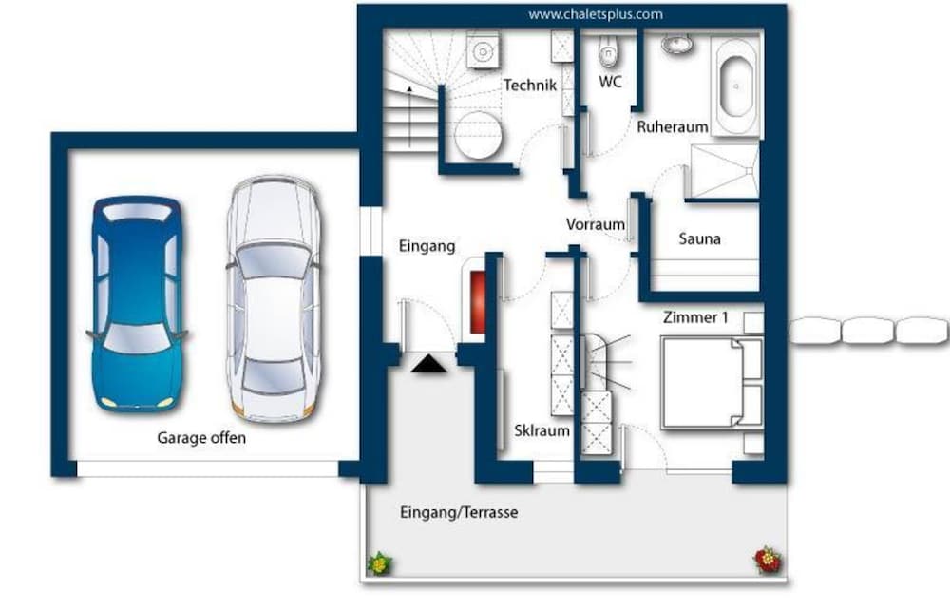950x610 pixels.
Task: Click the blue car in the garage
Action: click(x=138, y=304)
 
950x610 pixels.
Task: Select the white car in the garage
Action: click(x=274, y=298)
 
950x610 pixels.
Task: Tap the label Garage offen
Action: click(x=201, y=437)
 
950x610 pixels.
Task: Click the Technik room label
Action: click(x=529, y=86)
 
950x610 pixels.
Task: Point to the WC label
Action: click(x=610, y=81)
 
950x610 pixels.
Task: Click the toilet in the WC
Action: click(x=608, y=51)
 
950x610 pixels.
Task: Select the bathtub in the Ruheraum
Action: click(x=736, y=86)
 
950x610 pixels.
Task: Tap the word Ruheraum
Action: click(x=672, y=127)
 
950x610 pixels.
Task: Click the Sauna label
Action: click(x=700, y=238)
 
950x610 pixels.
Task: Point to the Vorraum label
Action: click(x=596, y=224)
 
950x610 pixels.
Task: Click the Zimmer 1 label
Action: click(x=695, y=316)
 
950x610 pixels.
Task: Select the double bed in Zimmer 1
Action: click(x=712, y=384)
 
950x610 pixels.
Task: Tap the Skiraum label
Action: click(x=541, y=430)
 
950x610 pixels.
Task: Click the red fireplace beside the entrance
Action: click(x=478, y=302)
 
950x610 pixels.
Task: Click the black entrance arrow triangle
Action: click(x=429, y=364)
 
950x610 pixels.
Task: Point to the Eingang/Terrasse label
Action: click(x=459, y=512)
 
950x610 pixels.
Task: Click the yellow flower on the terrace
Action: click(x=380, y=563)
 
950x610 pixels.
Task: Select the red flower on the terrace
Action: click(x=769, y=559)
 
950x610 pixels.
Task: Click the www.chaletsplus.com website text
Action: click(x=595, y=14)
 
